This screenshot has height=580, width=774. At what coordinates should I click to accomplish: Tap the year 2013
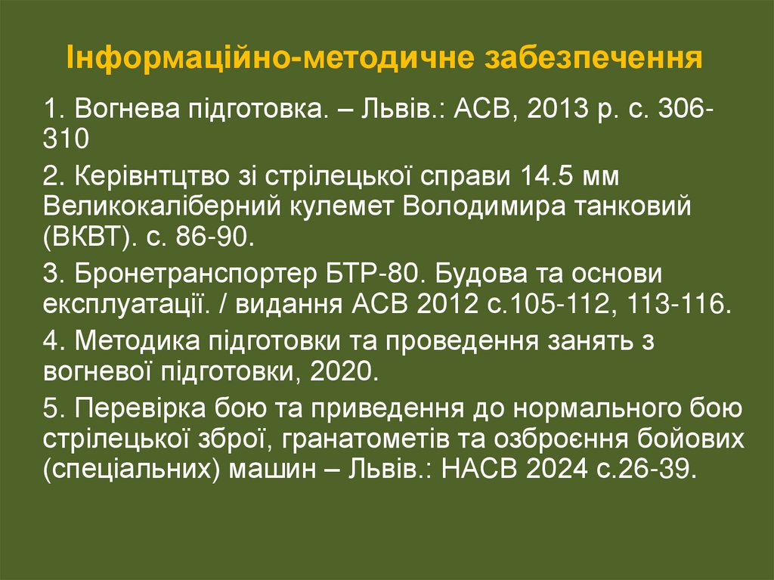pyautogui.click(x=560, y=110)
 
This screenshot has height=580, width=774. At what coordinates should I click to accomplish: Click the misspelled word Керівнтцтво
pyautogui.click(x=150, y=176)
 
